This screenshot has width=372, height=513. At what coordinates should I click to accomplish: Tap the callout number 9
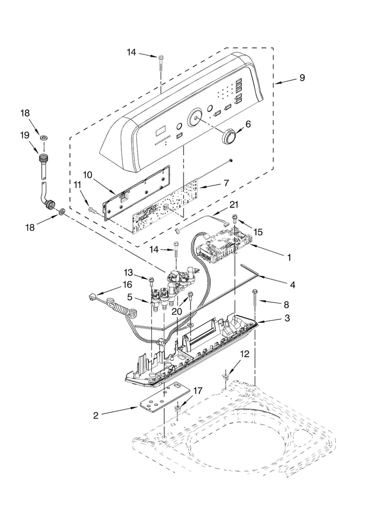pyautogui.click(x=302, y=78)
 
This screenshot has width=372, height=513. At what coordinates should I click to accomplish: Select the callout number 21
pyautogui.click(x=234, y=205)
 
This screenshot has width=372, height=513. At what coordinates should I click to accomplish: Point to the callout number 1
pyautogui.click(x=289, y=258)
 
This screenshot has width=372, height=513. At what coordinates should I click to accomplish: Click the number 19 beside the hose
pyautogui.click(x=25, y=135)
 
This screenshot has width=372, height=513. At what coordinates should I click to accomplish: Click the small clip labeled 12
pyautogui.click(x=225, y=377)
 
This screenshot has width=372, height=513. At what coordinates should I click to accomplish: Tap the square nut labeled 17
pyautogui.click(x=178, y=408)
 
